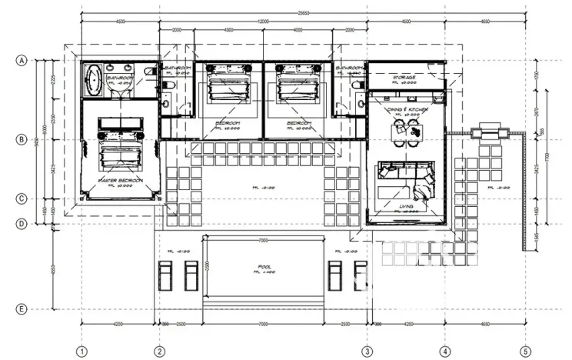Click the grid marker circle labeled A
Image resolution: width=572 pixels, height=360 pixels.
coord(22,59)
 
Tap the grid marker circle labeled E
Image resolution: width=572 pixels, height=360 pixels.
coord(22,309)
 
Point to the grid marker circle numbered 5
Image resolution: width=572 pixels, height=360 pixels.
coord(525,352)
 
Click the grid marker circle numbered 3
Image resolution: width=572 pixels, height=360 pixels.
coord(367,352)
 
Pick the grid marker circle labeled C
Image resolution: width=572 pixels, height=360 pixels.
coord(22,199)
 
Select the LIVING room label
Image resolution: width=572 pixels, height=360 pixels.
coord(407,207)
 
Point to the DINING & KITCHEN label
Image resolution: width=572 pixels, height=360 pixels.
coord(407,110)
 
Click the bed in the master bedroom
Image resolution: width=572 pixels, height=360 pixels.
coord(118,145)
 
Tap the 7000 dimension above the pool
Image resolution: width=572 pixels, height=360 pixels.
coord(264,241)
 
